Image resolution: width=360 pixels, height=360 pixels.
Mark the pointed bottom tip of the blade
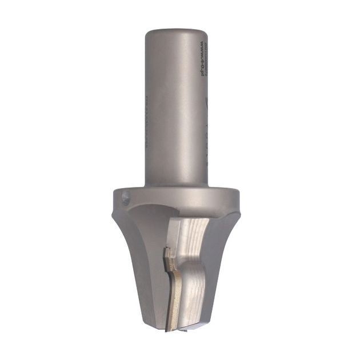169,328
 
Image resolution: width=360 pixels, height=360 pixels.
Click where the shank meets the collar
175,184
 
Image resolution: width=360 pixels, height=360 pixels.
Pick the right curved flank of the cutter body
220,257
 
